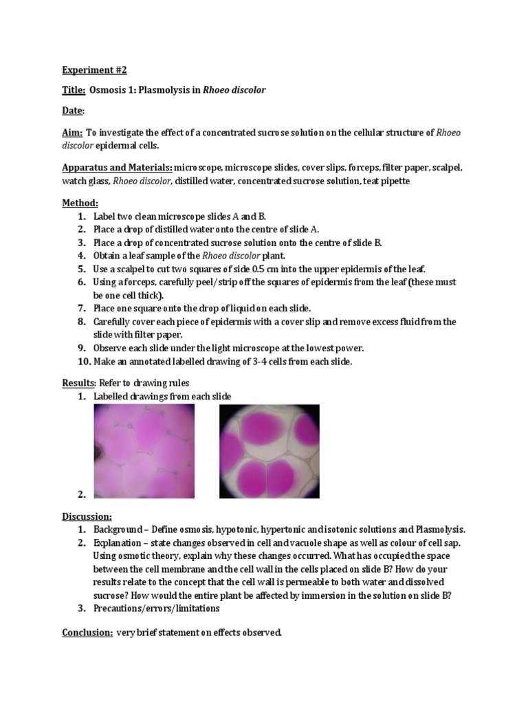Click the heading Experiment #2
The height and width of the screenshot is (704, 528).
point(95,70)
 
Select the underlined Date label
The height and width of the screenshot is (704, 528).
point(73,111)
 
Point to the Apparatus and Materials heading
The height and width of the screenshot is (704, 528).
point(117,168)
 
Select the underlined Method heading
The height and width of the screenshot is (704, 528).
point(80,203)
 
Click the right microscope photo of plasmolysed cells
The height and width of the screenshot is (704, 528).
point(269,450)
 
